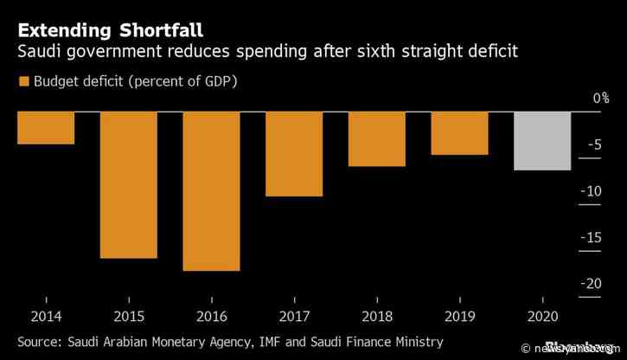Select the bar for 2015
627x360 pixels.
pos(128,184)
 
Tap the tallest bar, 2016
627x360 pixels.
pos(211,191)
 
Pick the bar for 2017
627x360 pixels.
pos(294,154)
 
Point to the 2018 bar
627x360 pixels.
pos(377,138)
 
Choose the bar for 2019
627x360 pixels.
pos(459,133)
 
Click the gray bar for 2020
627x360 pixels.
pos(542,141)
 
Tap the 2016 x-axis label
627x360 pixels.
pos(211,317)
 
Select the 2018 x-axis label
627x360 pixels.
pos(377,317)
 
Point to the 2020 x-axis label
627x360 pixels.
pos(542,317)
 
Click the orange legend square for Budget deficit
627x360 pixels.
pos(22,81)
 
